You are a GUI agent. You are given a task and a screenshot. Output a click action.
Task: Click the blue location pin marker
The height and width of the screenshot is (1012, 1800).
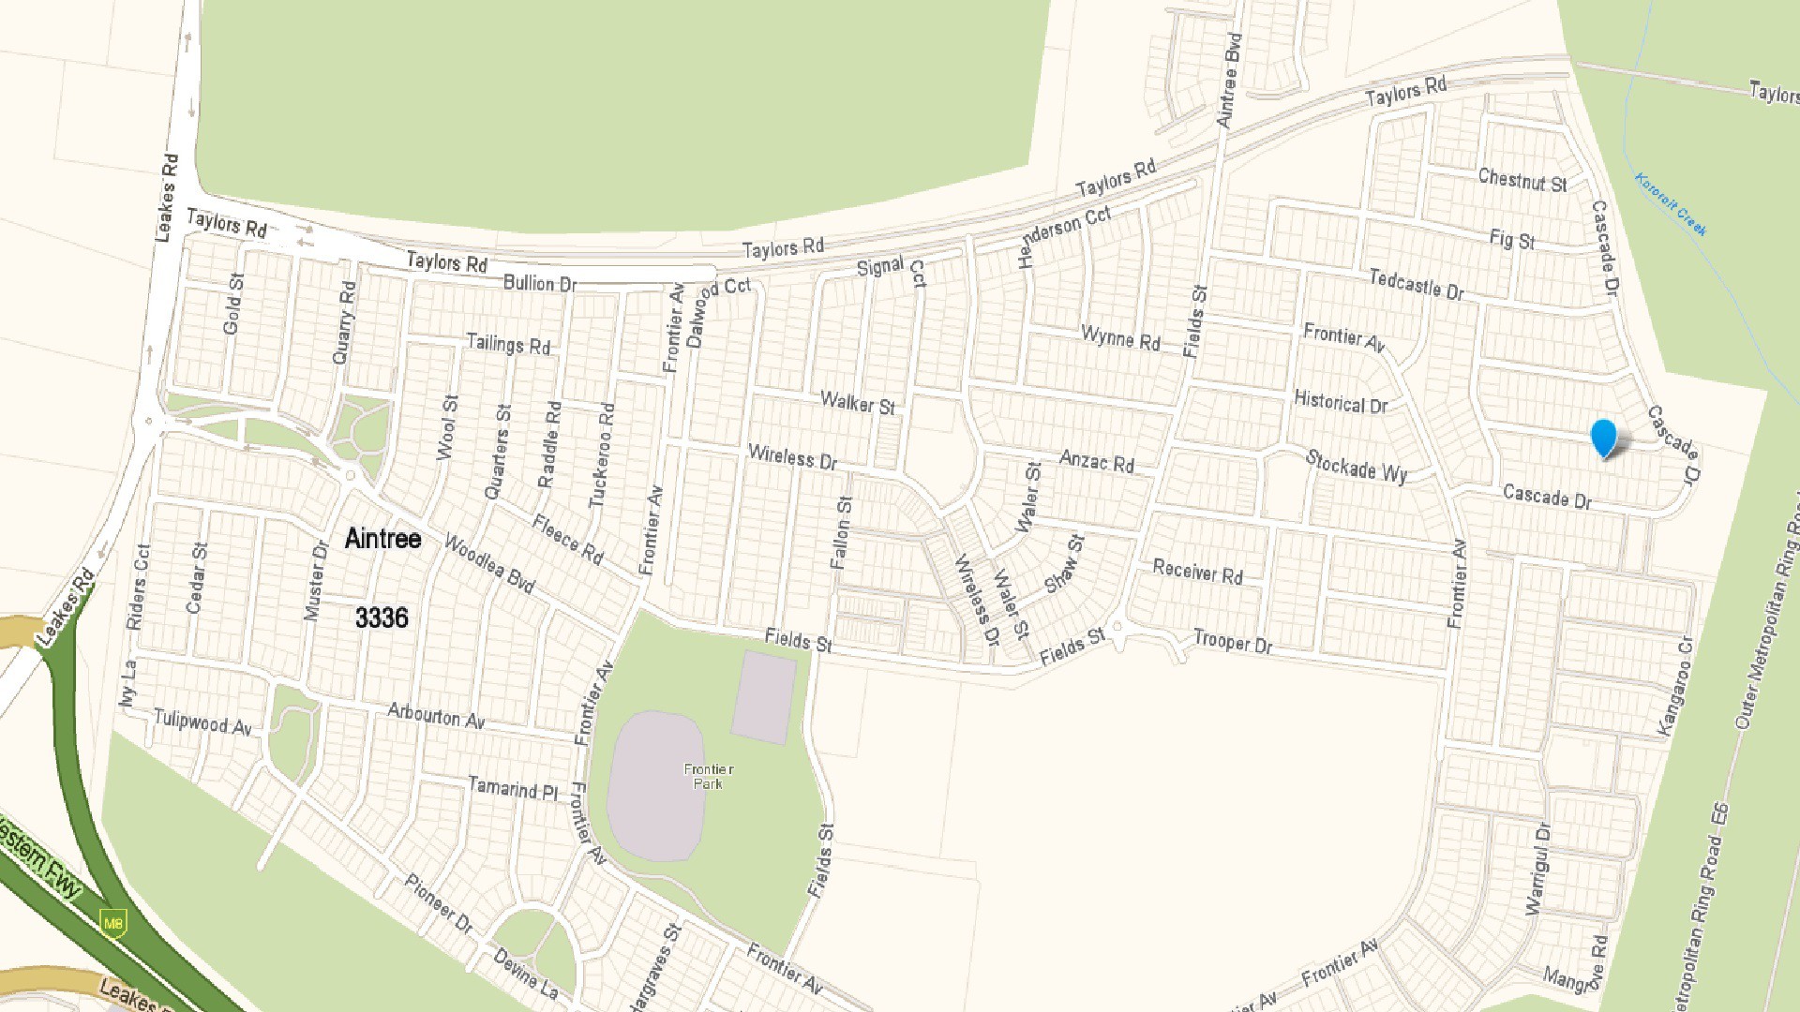click(x=1604, y=438)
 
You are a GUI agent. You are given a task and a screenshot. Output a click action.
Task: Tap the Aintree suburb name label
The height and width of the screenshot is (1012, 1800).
click(x=382, y=539)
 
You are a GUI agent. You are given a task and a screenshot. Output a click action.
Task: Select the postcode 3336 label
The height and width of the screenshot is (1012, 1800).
click(x=382, y=618)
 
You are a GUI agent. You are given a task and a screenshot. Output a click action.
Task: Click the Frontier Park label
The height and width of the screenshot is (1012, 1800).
click(x=709, y=776)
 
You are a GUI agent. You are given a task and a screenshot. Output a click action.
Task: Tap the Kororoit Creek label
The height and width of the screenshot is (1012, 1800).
click(x=1671, y=204)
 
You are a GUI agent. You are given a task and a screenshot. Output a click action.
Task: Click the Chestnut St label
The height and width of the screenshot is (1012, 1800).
click(x=1522, y=180)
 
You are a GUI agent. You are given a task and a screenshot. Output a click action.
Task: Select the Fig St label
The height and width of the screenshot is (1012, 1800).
click(x=1511, y=240)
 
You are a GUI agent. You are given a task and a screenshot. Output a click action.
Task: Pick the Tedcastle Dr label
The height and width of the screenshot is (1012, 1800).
click(x=1416, y=284)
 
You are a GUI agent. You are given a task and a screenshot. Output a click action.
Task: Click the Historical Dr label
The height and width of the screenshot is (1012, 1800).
click(x=1341, y=403)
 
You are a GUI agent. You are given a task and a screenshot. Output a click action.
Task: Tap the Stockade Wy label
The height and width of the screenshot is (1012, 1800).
click(x=1356, y=466)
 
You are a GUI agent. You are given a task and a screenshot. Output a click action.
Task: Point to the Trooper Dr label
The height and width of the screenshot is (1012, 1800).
click(x=1232, y=643)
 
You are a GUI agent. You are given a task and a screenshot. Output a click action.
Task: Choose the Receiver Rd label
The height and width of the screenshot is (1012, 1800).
click(x=1197, y=572)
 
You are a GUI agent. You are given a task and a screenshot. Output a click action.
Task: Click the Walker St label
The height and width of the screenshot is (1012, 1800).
click(x=857, y=404)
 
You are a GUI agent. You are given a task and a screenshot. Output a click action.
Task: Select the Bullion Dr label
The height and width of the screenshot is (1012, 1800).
click(x=539, y=283)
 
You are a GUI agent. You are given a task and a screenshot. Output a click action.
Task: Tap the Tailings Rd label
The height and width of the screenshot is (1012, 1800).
click(x=508, y=344)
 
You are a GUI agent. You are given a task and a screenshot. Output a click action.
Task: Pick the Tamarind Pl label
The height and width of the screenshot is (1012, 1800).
click(x=512, y=789)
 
